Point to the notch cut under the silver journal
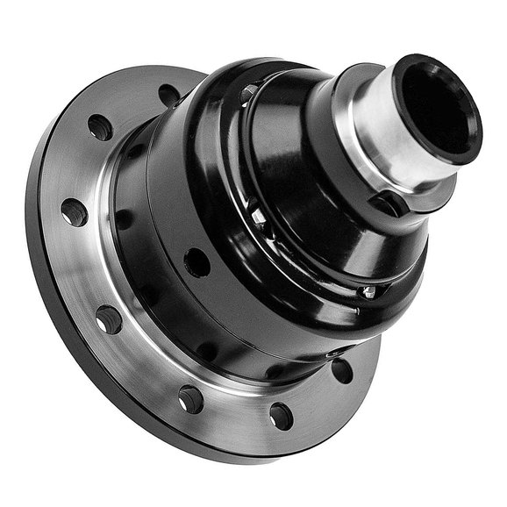387,204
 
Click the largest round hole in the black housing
196,261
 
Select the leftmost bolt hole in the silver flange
74,211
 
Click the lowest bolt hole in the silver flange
281,415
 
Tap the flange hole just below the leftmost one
109,319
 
